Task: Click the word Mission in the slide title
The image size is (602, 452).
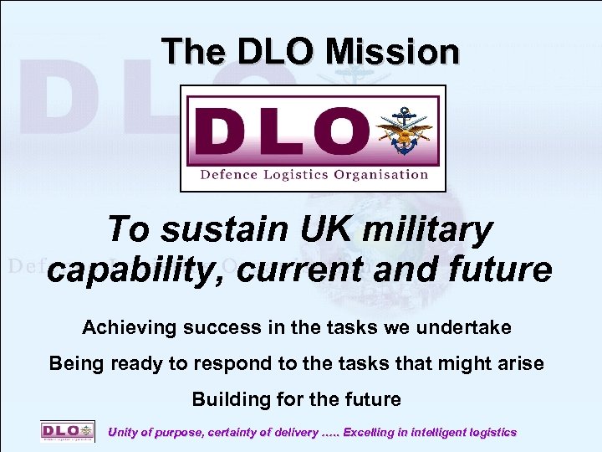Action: point(392,52)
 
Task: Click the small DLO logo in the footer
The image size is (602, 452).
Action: point(62,432)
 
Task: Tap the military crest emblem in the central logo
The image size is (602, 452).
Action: point(405,132)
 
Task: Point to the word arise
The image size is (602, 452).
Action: point(520,363)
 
